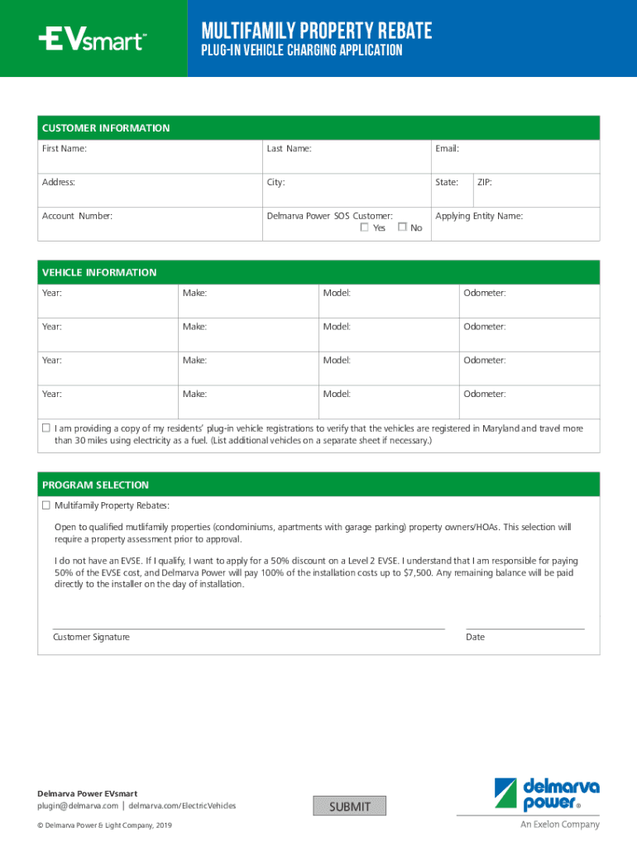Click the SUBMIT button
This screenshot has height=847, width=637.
[x=350, y=806]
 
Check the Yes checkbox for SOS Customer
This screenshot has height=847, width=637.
[x=365, y=227]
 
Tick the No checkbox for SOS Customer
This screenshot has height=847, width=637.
[x=402, y=227]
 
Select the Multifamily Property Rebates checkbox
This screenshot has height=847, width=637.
[x=46, y=505]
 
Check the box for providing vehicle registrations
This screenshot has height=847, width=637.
[x=46, y=428]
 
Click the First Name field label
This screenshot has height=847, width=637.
[x=65, y=149]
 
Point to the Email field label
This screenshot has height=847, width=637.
[x=447, y=149]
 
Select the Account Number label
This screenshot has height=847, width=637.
[x=77, y=216]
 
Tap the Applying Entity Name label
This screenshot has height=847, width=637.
[x=479, y=216]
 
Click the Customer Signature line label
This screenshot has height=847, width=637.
[x=91, y=637]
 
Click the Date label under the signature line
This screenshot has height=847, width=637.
[x=475, y=637]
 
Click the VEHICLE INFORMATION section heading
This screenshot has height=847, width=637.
[x=99, y=272]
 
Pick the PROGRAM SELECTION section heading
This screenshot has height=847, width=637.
[x=96, y=485]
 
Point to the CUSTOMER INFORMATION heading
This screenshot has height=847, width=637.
[x=106, y=128]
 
